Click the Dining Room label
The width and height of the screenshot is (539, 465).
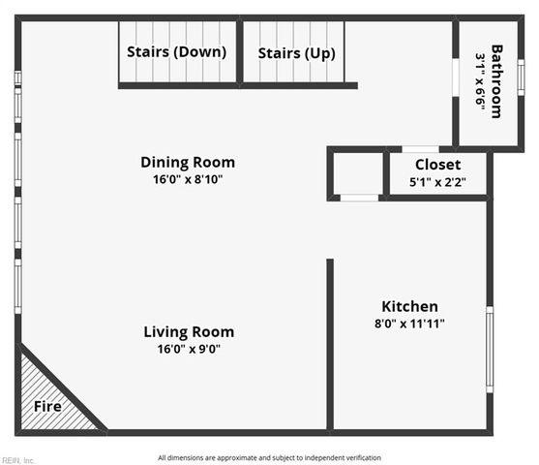pyautogui.click(x=188, y=162)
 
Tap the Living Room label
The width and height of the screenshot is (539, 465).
pyautogui.click(x=189, y=332)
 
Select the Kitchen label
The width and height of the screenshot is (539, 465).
pyautogui.click(x=409, y=306)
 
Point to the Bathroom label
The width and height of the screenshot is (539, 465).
pyautogui.click(x=497, y=80)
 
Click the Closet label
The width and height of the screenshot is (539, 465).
pyautogui.click(x=437, y=165)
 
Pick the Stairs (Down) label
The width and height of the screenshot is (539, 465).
pyautogui.click(x=177, y=52)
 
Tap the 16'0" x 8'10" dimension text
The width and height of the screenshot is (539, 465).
pyautogui.click(x=188, y=179)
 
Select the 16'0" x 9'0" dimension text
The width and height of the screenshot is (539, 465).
pyautogui.click(x=189, y=350)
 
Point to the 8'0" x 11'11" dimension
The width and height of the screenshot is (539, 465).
pyautogui.click(x=409, y=324)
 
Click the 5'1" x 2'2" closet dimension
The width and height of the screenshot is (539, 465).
pyautogui.click(x=437, y=181)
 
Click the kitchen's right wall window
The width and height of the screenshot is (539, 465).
pyautogui.click(x=490, y=349)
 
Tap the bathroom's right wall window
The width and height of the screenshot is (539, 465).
pyautogui.click(x=521, y=77)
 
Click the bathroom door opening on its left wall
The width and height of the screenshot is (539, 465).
pyautogui.click(x=456, y=77)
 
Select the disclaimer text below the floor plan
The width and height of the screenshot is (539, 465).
pyautogui.click(x=269, y=457)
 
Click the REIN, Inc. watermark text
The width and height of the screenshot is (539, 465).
pyautogui.click(x=18, y=460)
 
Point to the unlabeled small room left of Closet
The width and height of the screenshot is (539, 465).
pyautogui.click(x=357, y=174)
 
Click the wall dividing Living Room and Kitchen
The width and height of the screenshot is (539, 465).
pyautogui.click(x=330, y=344)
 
